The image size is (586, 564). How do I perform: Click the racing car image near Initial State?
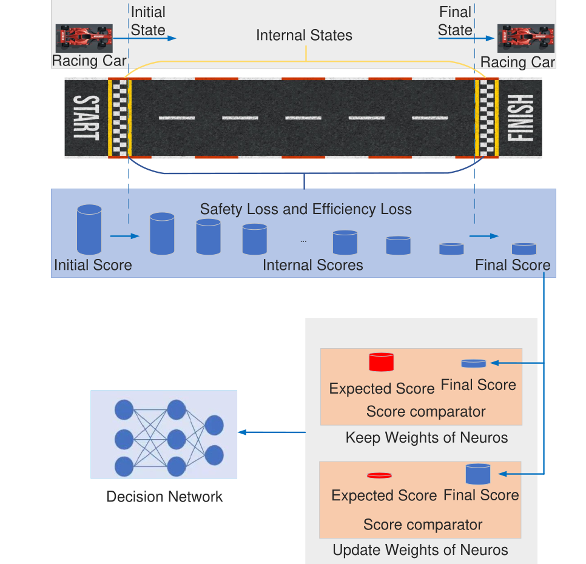[x=84, y=38]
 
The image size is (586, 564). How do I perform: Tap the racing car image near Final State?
[x=525, y=38]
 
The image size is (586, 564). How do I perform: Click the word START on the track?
[x=87, y=118]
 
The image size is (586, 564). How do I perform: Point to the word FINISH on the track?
[x=520, y=118]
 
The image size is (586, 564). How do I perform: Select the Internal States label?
[x=304, y=36]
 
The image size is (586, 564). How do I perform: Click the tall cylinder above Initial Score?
[x=89, y=229]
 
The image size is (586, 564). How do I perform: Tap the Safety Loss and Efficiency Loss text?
[x=306, y=209]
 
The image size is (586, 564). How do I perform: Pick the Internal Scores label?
[x=313, y=265]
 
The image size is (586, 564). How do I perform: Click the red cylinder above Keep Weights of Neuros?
[x=381, y=362]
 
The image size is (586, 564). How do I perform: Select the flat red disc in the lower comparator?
[x=379, y=475]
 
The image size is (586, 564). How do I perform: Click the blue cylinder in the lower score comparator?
[x=478, y=474]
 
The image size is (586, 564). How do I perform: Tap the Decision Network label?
[x=164, y=497]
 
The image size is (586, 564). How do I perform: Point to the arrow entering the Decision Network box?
[x=272, y=432]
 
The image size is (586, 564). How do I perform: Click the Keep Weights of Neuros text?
[x=427, y=437]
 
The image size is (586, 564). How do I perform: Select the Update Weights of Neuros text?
[x=420, y=550]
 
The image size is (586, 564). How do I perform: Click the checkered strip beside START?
[x=120, y=118]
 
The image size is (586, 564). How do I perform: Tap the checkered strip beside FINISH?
[x=487, y=118]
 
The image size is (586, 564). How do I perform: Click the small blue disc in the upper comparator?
[x=474, y=363]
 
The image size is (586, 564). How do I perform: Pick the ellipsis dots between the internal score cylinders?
[x=303, y=241]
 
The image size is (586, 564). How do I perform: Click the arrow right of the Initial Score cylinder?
[x=124, y=236]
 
